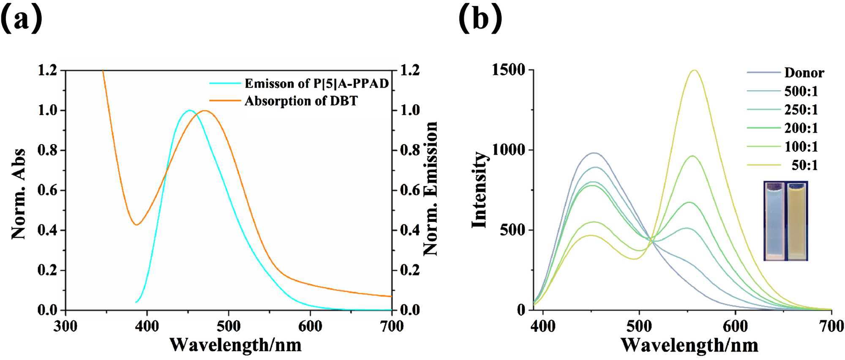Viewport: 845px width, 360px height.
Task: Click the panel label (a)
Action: click(22, 19)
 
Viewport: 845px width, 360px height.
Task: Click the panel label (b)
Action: click(480, 19)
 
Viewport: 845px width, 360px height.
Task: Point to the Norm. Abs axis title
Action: click(19, 194)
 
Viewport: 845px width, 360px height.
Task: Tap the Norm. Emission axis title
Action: click(431, 188)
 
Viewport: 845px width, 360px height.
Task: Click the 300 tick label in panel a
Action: click(65, 326)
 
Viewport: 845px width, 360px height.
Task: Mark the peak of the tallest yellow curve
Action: click(694, 71)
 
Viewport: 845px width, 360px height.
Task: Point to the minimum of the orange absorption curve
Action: click(136, 224)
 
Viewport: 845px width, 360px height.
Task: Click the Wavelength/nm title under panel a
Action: click(235, 345)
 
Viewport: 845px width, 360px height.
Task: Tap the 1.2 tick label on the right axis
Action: click(410, 70)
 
